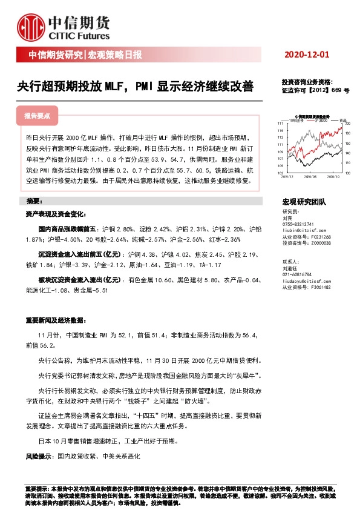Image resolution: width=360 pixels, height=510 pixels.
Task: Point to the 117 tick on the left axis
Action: click(x=281, y=124)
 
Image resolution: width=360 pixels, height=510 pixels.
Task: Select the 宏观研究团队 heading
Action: click(x=304, y=201)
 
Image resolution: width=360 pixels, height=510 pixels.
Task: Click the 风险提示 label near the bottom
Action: click(x=38, y=455)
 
